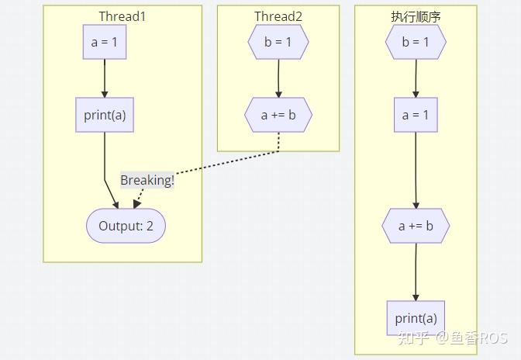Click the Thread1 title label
122,16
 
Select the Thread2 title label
278,16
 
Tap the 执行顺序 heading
416,16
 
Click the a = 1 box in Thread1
105,42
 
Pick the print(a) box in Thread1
105,115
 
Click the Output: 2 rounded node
126,226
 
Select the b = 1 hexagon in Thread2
278,42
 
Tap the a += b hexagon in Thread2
278,115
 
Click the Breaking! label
147,180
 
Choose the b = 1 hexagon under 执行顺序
416,42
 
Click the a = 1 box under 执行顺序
416,115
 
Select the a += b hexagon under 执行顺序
416,226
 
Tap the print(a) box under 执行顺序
416,318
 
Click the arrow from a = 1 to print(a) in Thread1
105,78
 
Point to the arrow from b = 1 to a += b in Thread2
278,78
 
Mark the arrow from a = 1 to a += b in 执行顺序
416,170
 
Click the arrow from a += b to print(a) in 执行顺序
416,272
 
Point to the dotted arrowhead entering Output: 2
136,204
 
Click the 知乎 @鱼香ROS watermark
453,338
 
